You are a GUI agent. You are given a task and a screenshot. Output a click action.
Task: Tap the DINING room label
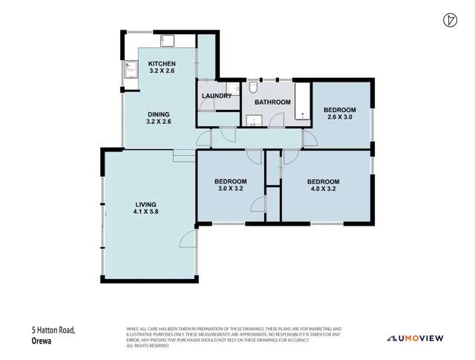[158, 114]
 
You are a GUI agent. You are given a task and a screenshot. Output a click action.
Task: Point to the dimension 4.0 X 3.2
[323, 190]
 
